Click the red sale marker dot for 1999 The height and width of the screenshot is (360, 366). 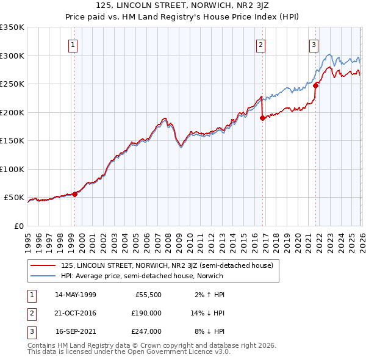coord(74,194)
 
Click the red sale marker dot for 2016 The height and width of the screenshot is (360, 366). coord(262,118)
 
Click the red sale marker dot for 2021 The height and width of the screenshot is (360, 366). coord(315,86)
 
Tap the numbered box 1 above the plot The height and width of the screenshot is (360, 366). coord(73,44)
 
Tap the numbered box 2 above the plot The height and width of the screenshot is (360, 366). coord(260,44)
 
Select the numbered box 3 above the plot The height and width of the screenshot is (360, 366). coord(314,44)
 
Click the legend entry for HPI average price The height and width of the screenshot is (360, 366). coord(142,276)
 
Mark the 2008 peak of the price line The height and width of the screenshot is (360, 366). coord(165,118)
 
